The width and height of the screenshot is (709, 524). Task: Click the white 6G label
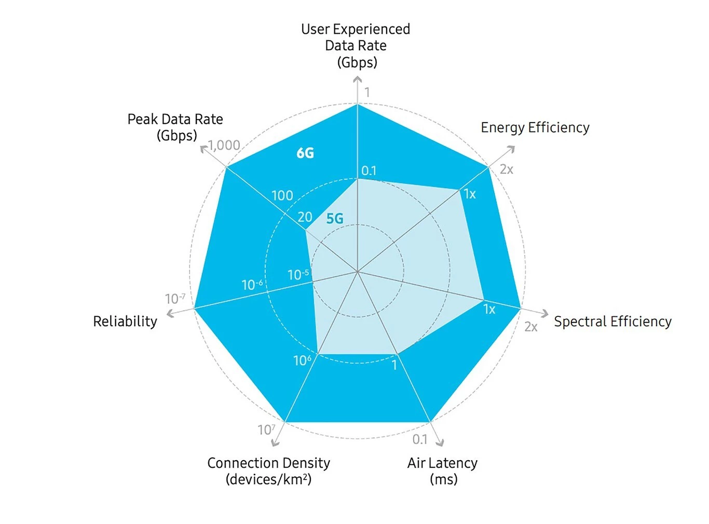pyautogui.click(x=305, y=153)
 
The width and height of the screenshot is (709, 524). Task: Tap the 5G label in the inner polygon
pyautogui.click(x=335, y=219)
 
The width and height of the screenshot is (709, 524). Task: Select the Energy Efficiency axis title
pyautogui.click(x=535, y=128)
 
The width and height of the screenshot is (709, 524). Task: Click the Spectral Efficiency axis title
pyautogui.click(x=612, y=321)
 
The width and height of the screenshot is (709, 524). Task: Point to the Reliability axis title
pyautogui.click(x=125, y=321)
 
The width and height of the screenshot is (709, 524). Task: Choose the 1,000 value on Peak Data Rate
pyautogui.click(x=224, y=145)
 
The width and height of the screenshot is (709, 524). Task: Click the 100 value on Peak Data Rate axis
pyautogui.click(x=282, y=196)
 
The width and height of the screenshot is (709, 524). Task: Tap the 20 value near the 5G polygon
pyautogui.click(x=305, y=217)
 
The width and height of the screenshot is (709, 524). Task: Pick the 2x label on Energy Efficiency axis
pyautogui.click(x=507, y=169)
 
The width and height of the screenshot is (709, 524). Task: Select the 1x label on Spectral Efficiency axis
pyautogui.click(x=489, y=310)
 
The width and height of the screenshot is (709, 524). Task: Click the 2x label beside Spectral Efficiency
pyautogui.click(x=530, y=327)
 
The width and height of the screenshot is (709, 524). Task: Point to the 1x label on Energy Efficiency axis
pyautogui.click(x=470, y=194)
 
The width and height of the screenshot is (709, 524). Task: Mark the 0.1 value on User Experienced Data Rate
pyautogui.click(x=369, y=171)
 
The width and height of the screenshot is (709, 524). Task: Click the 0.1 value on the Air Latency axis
pyautogui.click(x=420, y=439)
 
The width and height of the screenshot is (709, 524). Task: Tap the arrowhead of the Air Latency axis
pyautogui.click(x=441, y=443)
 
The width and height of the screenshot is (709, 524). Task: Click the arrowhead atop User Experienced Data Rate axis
pyautogui.click(x=358, y=79)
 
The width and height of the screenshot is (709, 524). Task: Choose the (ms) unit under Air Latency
pyautogui.click(x=443, y=479)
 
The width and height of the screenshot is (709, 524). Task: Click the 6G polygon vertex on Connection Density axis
pyautogui.click(x=285, y=422)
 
